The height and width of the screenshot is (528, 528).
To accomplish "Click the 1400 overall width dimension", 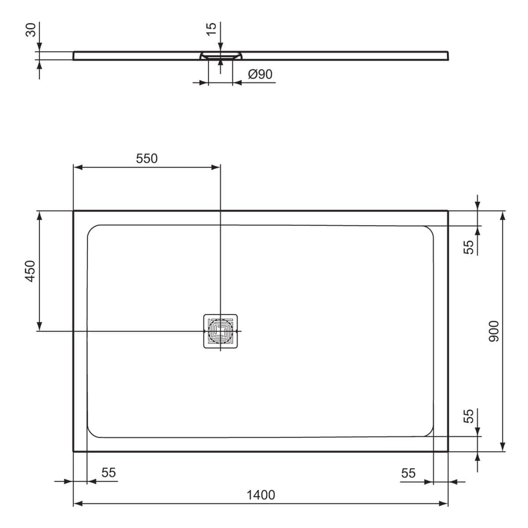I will point(260,495).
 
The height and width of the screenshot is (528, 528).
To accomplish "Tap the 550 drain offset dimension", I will point(147,158).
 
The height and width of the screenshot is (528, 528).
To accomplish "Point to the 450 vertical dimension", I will point(29,271).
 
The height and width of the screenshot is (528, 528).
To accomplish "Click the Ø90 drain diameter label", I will point(260,74).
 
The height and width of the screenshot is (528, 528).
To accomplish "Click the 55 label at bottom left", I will point(108,472).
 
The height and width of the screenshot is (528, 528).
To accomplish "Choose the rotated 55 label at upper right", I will point(469,247).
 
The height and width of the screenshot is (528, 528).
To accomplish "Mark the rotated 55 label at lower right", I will point(469,416).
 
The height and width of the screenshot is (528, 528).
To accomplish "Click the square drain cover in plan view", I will point(220,331).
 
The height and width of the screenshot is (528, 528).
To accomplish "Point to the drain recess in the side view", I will point(220,55).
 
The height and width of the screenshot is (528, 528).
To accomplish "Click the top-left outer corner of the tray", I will point(73,211).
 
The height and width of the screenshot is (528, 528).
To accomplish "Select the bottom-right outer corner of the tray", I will point(447,451).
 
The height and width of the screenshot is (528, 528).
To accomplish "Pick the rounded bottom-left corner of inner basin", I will point(92,432).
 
